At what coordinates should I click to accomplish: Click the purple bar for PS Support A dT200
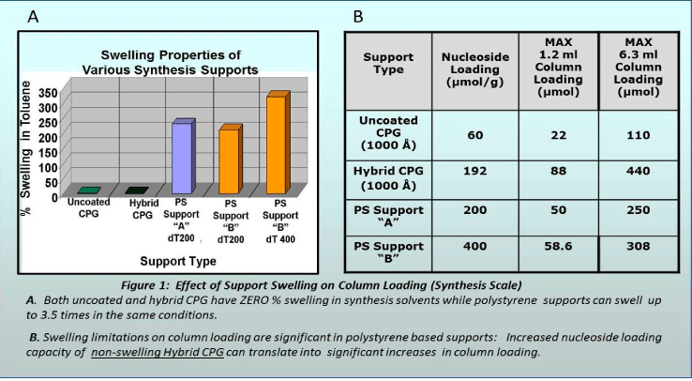pos(183,157)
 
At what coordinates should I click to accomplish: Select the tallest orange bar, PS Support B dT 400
pos(278,143)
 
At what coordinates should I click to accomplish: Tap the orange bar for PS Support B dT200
pos(231,160)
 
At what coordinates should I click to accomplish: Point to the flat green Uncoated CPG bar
pos(89,190)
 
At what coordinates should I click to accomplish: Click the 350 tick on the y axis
pos(48,93)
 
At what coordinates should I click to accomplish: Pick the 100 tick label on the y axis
pos(48,167)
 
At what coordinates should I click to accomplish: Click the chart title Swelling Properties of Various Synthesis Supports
pos(171,62)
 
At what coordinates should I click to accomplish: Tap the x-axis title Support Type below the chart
pos(178,261)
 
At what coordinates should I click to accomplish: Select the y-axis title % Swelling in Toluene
pos(26,148)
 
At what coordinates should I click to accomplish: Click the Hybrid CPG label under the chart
pos(143,209)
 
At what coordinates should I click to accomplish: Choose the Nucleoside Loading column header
pos(474,69)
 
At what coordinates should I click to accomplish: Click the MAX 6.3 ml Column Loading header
pos(639,68)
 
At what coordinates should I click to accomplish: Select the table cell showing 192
pos(474,171)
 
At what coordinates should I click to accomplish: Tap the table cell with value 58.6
pos(558,246)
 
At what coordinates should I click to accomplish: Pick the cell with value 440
pos(639,171)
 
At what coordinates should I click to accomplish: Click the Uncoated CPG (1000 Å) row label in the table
pos(388,133)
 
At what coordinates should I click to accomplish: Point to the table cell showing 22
pos(558,135)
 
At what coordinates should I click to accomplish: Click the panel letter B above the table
pos(358,17)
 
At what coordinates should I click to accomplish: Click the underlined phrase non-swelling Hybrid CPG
pos(158,352)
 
